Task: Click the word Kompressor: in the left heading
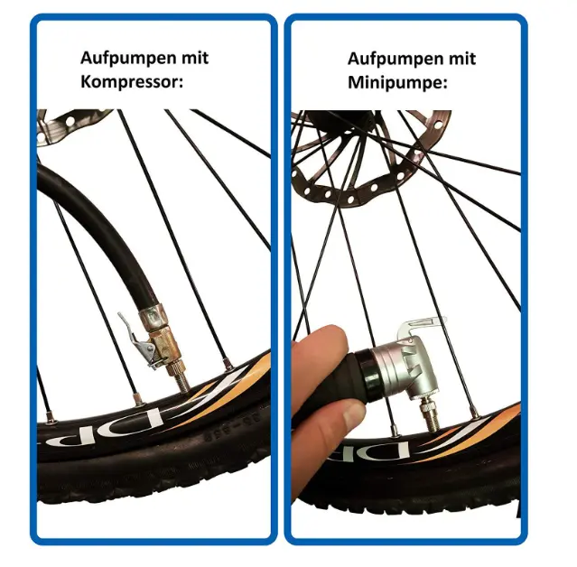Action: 132,81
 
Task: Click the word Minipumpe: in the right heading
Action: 397,82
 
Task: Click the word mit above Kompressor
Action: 195,58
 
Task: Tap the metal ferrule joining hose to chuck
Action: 151,318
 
